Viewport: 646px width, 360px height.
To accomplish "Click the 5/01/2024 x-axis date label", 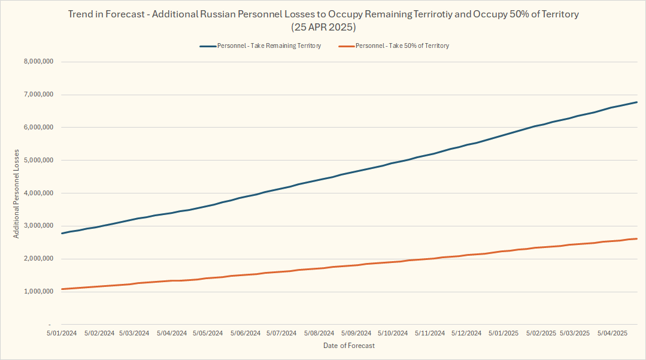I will (62, 333).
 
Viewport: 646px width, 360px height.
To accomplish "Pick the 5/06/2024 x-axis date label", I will (245, 333).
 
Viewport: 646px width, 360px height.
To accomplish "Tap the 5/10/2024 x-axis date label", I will (393, 333).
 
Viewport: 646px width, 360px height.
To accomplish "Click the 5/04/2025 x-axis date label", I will (612, 333).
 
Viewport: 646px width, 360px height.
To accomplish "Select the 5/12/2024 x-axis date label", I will (466, 333).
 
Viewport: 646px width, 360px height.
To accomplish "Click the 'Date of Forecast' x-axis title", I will (349, 346).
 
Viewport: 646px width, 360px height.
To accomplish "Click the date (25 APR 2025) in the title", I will (324, 27).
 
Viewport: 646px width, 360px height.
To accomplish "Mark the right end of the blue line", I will (637, 102).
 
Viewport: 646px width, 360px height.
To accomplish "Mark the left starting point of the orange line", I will (62, 289).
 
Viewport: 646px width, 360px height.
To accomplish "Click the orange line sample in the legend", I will (346, 46).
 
